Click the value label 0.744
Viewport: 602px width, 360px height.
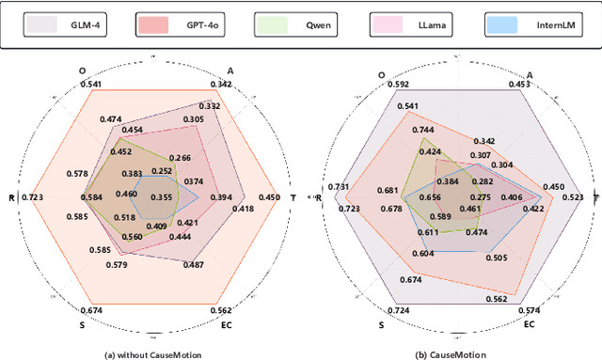coord(423,130)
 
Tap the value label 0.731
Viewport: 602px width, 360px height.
coord(337,186)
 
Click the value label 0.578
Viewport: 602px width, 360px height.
coord(78,174)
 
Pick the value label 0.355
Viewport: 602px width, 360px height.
coord(162,197)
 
